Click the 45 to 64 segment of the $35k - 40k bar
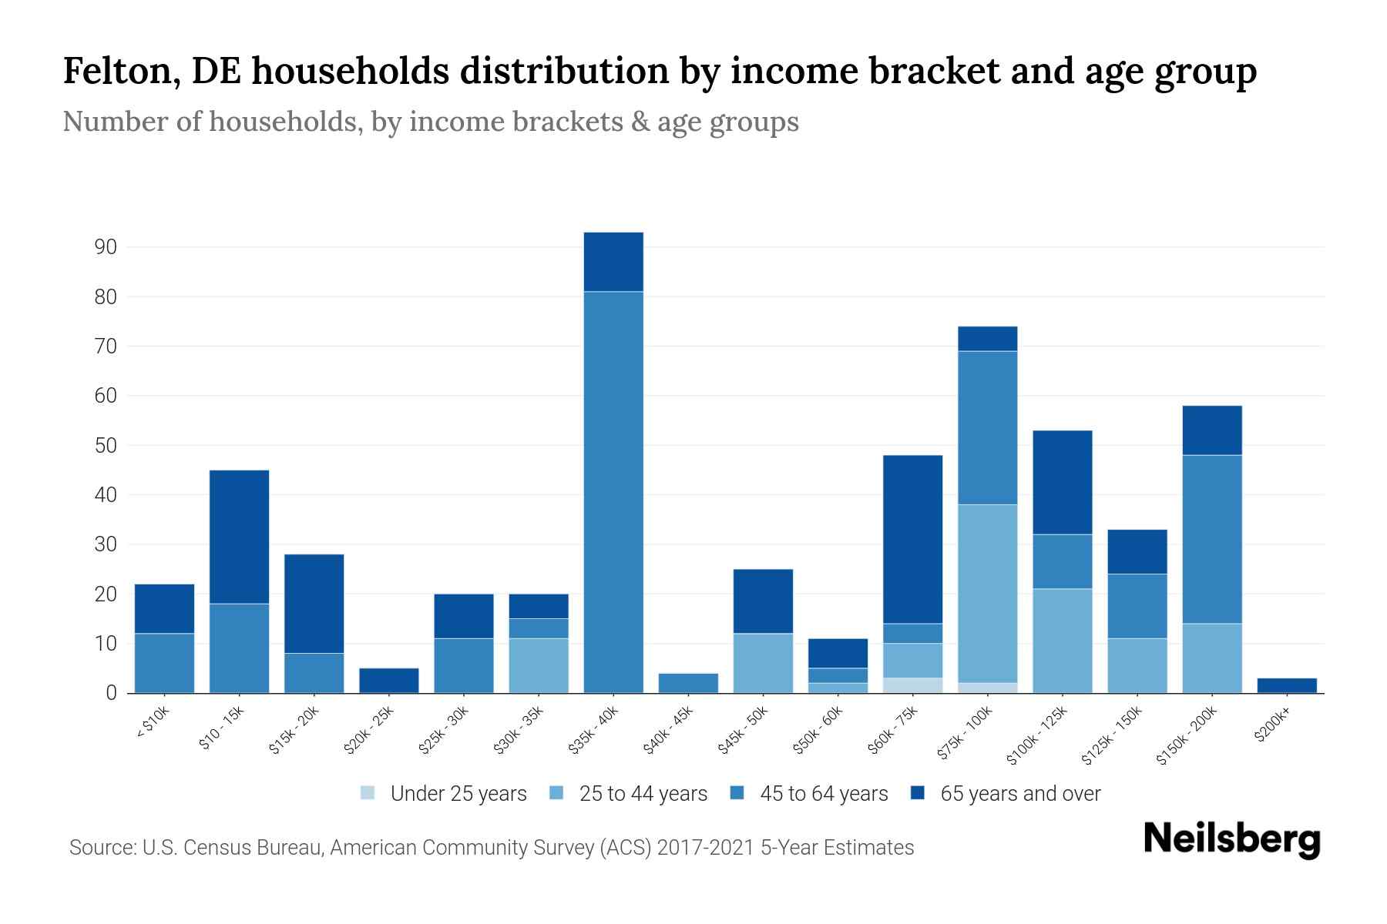tap(613, 493)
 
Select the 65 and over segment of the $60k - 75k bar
tap(912, 539)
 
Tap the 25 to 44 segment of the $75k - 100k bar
tap(987, 593)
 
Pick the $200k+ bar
tap(1287, 685)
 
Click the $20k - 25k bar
tap(389, 681)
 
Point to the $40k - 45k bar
tap(689, 683)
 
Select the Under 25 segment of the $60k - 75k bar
tap(912, 685)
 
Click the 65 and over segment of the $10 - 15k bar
tap(240, 537)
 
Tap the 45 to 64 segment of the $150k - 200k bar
tap(1212, 539)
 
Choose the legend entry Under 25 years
tap(458, 794)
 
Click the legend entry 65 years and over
tap(1019, 794)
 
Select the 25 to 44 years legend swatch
tap(556, 793)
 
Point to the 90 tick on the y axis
tap(106, 247)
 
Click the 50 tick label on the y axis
tap(106, 446)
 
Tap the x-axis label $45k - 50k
tap(744, 731)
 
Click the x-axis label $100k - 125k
tap(1037, 735)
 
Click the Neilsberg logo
tap(1231, 839)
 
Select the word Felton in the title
tap(121, 71)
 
